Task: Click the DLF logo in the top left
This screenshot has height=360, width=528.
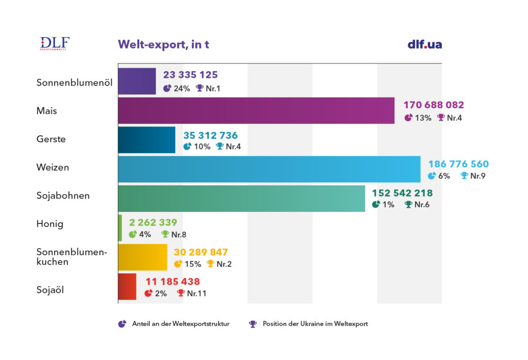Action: [54, 44]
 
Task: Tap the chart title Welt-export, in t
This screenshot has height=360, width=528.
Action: [163, 44]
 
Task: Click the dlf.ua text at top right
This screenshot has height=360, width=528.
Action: [424, 44]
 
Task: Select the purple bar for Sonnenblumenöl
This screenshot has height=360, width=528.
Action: [137, 81]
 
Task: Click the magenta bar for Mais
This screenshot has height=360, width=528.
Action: [256, 110]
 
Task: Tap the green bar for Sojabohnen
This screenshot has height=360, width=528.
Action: [241, 199]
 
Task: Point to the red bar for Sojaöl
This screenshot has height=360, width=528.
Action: [127, 286]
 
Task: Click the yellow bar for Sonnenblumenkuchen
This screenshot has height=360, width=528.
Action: [142, 257]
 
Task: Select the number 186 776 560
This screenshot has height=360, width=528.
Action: [458, 165]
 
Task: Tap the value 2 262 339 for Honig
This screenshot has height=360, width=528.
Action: [153, 223]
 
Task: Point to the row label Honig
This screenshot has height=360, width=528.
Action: [49, 224]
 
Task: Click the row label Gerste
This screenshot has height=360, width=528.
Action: [51, 139]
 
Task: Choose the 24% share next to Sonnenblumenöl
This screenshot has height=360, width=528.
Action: [181, 88]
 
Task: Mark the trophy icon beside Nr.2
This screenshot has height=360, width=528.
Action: [210, 264]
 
